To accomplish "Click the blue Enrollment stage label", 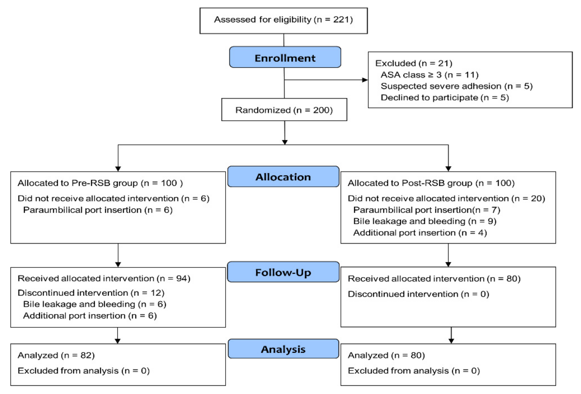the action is (x=285, y=57).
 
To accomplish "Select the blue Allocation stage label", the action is (x=283, y=177).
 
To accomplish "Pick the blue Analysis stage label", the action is (x=283, y=349).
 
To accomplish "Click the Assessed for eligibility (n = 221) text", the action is (x=283, y=19).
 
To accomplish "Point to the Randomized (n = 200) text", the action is (x=284, y=110).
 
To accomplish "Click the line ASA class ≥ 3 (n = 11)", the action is (x=429, y=75).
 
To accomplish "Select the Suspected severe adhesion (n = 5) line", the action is (x=457, y=86).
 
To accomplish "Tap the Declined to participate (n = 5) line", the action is (x=445, y=97).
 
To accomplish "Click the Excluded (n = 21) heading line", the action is (x=414, y=63).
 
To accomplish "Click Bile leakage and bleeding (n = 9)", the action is (x=425, y=221).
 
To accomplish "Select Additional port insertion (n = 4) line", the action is (x=420, y=233).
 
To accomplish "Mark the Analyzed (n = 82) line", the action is (x=56, y=356).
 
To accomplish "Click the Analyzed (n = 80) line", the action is (x=386, y=356).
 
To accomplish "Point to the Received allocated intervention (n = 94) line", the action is (x=104, y=279).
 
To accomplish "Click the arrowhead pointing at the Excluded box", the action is (x=365, y=80).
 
